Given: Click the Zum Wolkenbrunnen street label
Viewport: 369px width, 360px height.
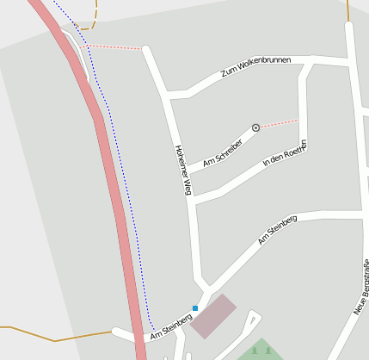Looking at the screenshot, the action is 255,67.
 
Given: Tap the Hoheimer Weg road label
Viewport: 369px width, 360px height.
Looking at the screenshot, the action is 181,170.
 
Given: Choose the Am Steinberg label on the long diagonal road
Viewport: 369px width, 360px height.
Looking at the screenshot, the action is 277,230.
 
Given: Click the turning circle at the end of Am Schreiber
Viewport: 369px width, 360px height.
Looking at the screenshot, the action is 255,127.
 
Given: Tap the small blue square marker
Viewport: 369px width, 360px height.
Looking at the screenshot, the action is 195,307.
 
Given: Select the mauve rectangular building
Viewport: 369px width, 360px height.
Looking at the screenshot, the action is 212,315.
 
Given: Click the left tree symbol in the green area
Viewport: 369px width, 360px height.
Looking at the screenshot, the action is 256,351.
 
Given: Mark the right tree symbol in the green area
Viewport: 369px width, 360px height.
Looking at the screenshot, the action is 268,351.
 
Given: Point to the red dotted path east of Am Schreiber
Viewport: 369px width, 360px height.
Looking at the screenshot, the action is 279,123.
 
